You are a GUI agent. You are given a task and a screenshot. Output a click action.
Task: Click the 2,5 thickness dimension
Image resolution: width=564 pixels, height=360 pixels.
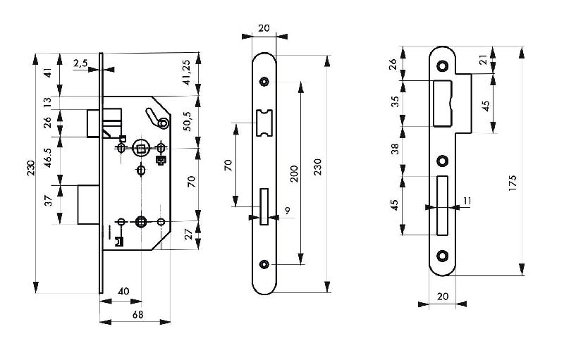pyautogui.click(x=80, y=63)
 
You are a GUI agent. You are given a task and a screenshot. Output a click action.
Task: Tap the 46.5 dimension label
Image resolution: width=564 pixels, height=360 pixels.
pyautogui.click(x=48, y=157)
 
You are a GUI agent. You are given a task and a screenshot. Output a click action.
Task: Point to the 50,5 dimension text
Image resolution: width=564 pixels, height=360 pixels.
pyautogui.click(x=188, y=121)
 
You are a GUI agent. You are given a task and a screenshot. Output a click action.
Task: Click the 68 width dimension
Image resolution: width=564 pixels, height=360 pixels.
pyautogui.click(x=137, y=315)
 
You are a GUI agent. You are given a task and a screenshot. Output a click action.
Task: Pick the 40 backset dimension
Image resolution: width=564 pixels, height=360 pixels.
pyautogui.click(x=123, y=291)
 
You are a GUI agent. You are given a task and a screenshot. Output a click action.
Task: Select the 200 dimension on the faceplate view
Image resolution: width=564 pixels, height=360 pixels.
pyautogui.click(x=294, y=173)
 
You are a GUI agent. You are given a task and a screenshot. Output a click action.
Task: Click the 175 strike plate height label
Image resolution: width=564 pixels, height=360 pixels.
pyautogui.click(x=513, y=182)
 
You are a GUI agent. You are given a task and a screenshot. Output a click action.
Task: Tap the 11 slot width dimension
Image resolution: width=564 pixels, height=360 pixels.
pyautogui.click(x=467, y=201)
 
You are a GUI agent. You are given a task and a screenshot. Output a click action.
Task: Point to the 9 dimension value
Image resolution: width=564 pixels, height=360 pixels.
pyautogui.click(x=288, y=210)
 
